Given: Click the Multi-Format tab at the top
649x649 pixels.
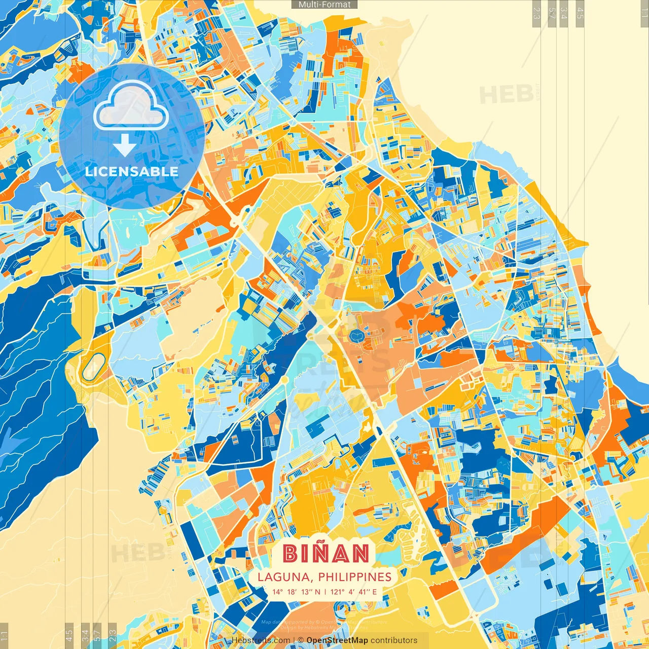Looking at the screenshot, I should pos(324,5).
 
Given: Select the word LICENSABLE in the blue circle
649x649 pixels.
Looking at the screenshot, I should pos(132,171).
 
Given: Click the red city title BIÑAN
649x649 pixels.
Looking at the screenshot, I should pos(326,554).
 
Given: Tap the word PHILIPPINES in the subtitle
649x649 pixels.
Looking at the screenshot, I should pos(355,577).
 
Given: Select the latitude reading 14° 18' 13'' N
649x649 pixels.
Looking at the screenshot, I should pos(296,592).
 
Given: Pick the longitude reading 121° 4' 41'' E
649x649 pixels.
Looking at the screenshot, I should pos(354,592).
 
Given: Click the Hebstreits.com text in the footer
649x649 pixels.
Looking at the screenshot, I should pos(261,640).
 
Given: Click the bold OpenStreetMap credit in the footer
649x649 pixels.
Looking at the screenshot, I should pos(337,640).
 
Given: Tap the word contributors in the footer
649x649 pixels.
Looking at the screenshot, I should pos(394,640).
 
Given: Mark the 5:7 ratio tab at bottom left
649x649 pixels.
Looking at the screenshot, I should pos(97,634).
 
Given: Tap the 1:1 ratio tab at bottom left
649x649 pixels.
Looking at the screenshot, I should pos(5,635).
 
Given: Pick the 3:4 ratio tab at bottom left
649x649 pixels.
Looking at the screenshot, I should pos(85,634).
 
